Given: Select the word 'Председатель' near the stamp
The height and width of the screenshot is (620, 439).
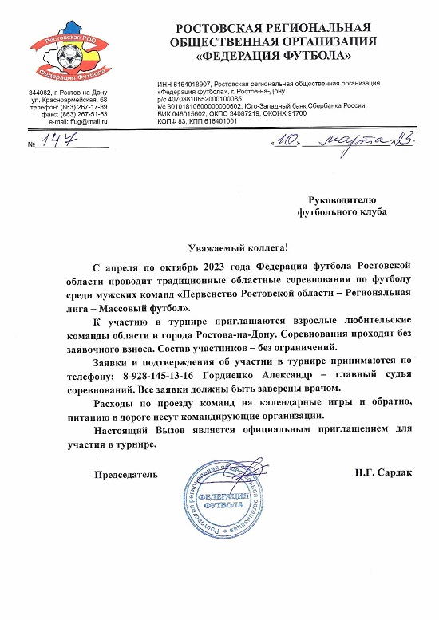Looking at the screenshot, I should coord(126,474).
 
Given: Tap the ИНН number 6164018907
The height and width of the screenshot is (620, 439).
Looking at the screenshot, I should coord(192,83).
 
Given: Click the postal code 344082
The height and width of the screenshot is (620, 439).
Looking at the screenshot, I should coord(41,93).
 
